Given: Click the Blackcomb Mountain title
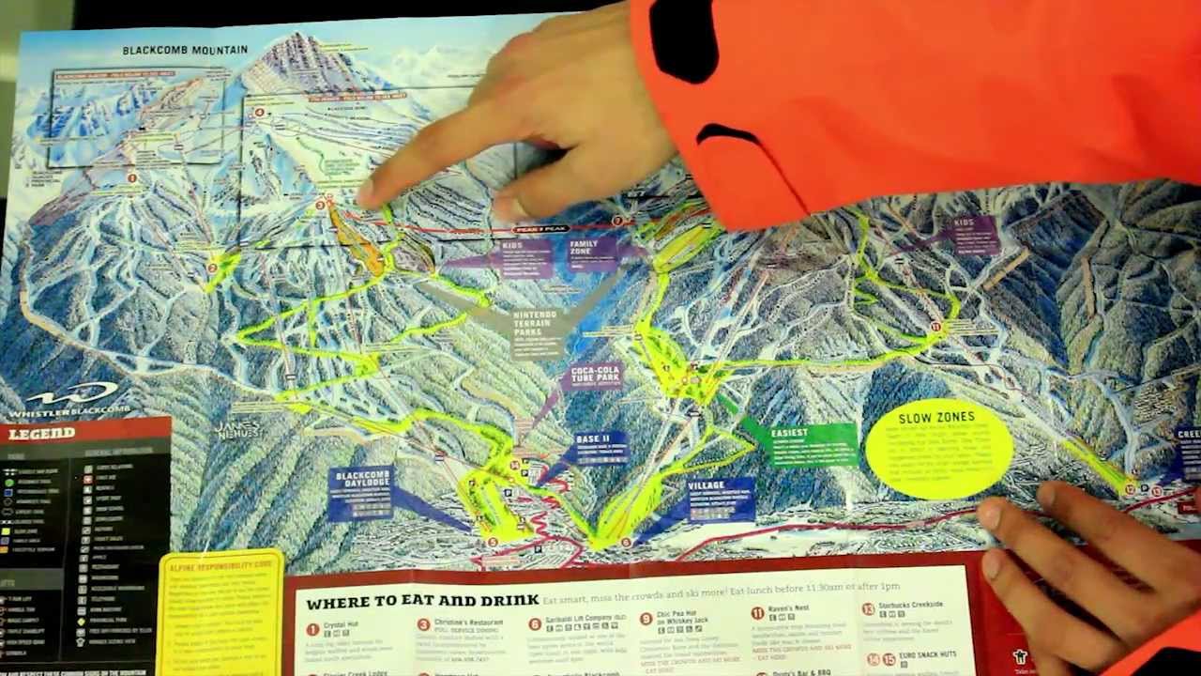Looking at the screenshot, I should (185, 50).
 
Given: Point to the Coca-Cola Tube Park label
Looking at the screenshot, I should (596, 376).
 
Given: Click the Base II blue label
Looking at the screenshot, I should (594, 440).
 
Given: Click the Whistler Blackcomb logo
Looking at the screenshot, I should (64, 400).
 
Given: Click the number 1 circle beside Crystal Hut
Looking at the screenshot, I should (312, 628).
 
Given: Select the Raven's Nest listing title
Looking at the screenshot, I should (787, 609).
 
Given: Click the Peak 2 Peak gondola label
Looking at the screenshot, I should (541, 229).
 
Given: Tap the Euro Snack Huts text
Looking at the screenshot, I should (928, 654).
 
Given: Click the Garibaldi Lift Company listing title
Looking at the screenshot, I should (589, 622).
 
